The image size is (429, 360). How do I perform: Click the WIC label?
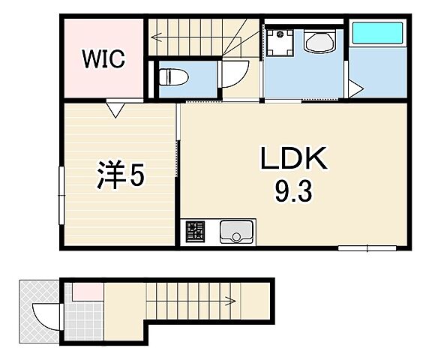pos(103,58)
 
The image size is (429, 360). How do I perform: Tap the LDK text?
pos(294,159)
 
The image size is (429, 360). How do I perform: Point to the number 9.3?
pos(293,192)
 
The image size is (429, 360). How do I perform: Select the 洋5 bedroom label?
pos(121,175)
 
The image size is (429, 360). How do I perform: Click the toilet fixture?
pos(174,76)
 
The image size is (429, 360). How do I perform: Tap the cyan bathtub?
pos(377,33)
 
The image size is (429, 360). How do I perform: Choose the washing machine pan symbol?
pos(280,43)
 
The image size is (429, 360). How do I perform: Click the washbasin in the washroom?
pos(319,43)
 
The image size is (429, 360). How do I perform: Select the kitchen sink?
pos(235,232)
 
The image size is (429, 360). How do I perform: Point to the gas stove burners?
pos(195,232)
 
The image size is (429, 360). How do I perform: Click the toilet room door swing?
pos(241,79)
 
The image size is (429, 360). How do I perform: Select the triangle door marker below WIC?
pos(115,109)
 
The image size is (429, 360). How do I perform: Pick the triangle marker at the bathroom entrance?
pos(355,88)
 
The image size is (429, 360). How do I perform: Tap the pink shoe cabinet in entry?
pos(88,292)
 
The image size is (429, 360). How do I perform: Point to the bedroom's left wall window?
pos(61,195)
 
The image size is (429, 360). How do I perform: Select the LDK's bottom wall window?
pos(367,248)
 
